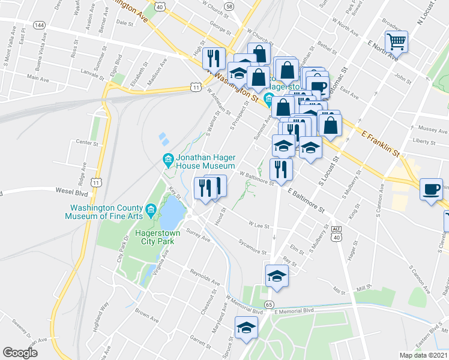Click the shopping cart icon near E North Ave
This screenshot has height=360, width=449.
[x=396, y=42]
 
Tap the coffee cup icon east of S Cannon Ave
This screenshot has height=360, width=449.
[x=431, y=189]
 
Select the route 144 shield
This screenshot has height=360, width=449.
[x=40, y=25]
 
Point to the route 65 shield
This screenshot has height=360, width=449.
[x=269, y=305]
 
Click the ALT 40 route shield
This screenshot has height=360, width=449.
[x=336, y=233]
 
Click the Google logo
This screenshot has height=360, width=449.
[x=21, y=353]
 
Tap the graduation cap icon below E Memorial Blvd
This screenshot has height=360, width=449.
[x=246, y=328]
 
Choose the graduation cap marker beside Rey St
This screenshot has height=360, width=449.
[x=277, y=275]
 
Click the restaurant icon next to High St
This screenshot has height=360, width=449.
[x=213, y=58]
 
